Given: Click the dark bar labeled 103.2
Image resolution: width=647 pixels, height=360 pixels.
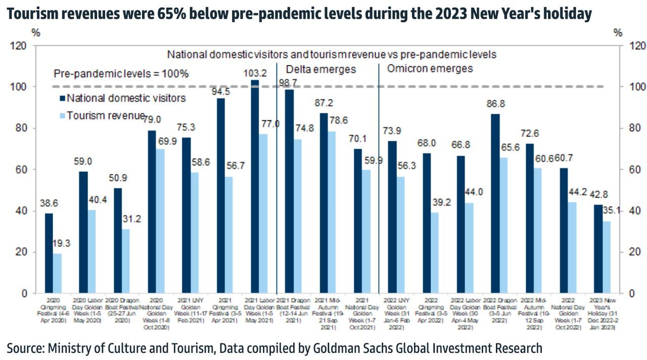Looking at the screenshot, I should click(255, 187).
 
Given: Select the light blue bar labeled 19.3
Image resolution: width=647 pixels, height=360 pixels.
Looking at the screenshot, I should click(57, 273).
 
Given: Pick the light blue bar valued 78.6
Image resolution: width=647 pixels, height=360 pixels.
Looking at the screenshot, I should click(332, 212).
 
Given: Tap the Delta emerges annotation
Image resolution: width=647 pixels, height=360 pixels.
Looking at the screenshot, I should click(321, 69).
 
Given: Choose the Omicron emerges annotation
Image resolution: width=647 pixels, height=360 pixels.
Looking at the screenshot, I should click(430, 68).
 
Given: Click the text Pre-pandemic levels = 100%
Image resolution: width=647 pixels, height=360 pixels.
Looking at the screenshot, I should click(121, 74).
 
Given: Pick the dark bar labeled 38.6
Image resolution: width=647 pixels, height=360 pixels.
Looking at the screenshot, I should click(49, 253).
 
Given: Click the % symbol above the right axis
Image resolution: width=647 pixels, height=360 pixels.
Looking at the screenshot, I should click(618, 33).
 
